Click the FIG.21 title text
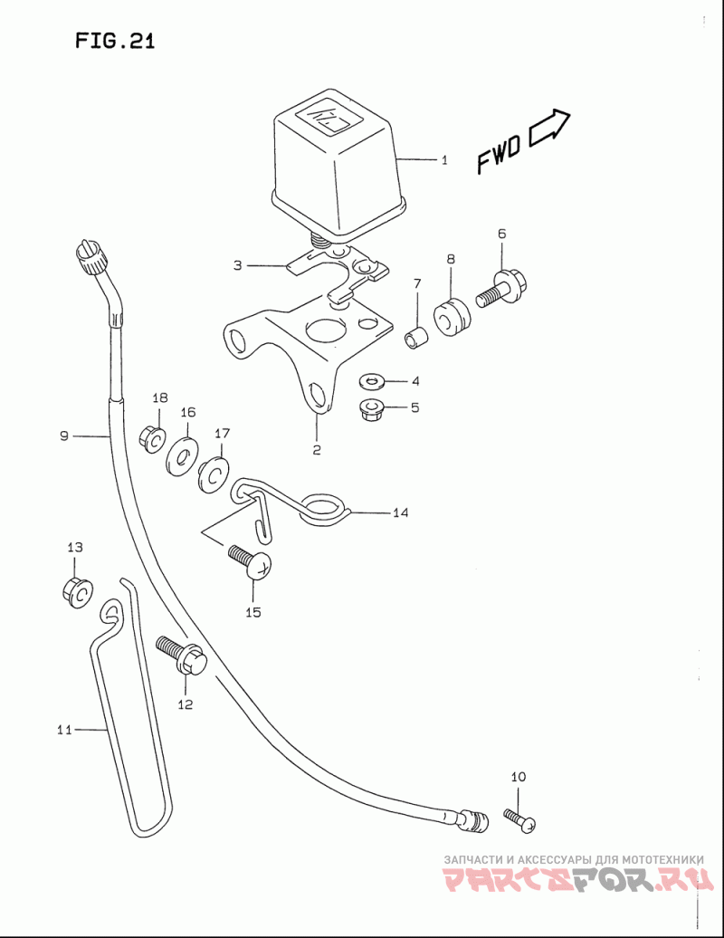115,42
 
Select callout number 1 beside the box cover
444,160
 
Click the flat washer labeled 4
371,380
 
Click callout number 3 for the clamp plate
237,266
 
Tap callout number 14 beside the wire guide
400,513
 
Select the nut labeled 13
76,591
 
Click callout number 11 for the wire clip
64,728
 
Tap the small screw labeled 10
521,819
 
